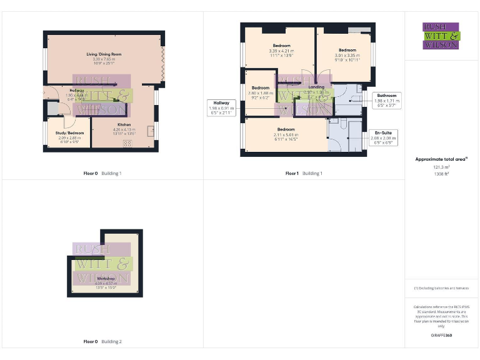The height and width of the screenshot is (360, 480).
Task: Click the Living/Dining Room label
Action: click(x=104, y=55)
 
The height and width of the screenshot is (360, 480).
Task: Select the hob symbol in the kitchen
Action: click(x=127, y=143)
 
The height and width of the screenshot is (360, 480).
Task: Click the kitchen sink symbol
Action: click(x=150, y=131)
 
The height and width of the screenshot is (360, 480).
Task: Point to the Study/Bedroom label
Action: click(x=69, y=133)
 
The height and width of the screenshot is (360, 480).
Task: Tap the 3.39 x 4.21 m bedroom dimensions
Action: click(x=281, y=54)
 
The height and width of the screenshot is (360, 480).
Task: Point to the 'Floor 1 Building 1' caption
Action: click(x=304, y=173)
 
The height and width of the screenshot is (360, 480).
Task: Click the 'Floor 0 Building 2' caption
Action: click(x=102, y=342)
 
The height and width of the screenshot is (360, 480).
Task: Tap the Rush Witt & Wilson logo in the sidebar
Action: click(x=441, y=36)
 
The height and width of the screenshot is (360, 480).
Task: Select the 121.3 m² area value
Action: click(x=441, y=167)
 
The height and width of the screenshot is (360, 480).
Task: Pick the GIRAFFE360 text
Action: click(x=441, y=336)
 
